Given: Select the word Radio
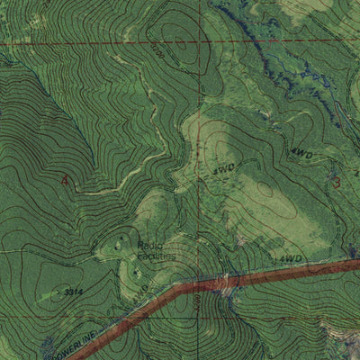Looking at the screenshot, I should [150, 243].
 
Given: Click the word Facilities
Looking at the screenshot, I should [155, 255].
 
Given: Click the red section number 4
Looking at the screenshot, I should [64, 180].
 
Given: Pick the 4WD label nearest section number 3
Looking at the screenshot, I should [301, 155].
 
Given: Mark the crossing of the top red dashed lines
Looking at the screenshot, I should [191, 42].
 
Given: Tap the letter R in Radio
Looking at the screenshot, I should [141, 243].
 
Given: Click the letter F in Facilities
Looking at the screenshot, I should [139, 255].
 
